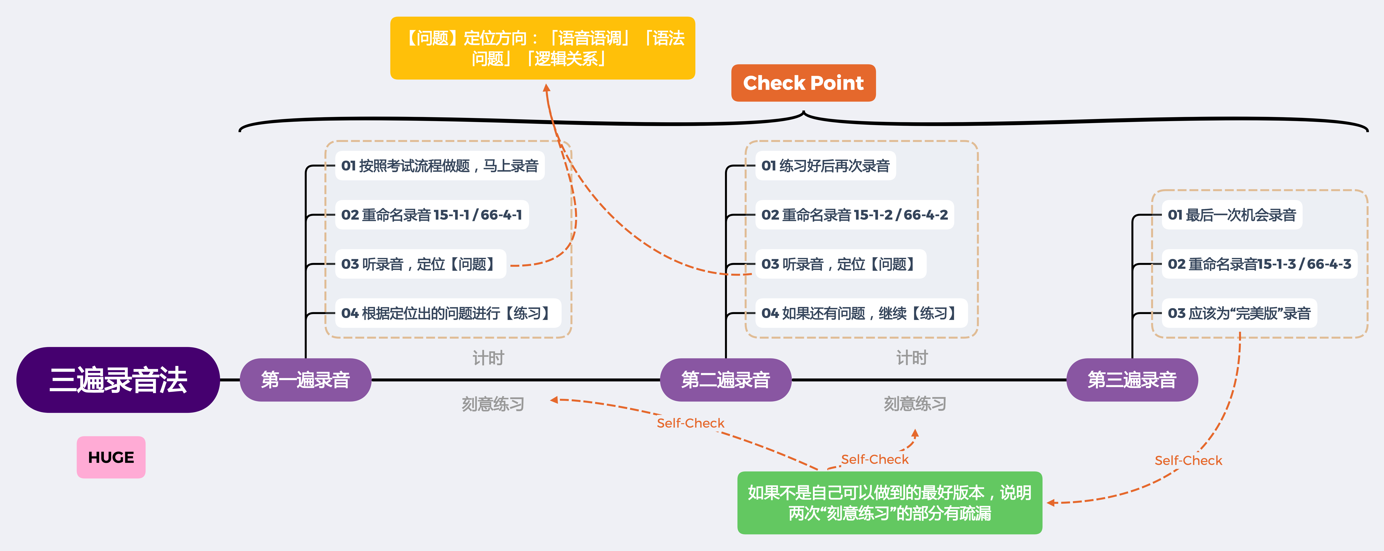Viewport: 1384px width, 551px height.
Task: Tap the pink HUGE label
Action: (111, 457)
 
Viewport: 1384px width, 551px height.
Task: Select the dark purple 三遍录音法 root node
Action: (118, 380)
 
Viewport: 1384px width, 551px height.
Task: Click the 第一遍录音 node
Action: (305, 380)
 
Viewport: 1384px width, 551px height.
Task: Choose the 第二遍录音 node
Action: (725, 380)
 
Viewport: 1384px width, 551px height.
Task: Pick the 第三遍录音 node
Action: (1132, 380)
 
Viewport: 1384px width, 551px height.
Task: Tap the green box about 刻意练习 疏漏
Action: (890, 503)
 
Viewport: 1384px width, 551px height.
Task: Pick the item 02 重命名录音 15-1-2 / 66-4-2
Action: (855, 215)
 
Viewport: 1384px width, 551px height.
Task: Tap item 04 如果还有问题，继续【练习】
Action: (861, 313)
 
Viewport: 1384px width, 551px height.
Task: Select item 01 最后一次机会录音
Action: (1232, 215)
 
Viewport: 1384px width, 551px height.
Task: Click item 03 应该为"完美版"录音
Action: (1239, 313)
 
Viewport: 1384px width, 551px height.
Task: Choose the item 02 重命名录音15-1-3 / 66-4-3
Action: (1259, 264)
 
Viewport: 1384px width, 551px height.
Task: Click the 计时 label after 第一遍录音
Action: (488, 358)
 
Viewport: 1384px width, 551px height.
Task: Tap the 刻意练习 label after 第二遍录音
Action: (915, 403)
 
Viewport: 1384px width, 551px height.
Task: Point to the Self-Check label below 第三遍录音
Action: (1188, 460)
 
